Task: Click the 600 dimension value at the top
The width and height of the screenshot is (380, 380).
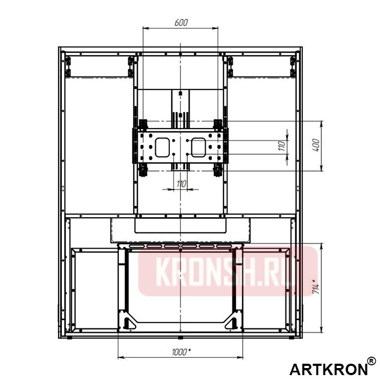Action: coord(181,23)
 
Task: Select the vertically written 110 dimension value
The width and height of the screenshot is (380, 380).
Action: coord(282,147)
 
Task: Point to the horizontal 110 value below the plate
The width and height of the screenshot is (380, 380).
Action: coord(181,185)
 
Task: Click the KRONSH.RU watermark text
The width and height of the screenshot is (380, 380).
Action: coord(228,271)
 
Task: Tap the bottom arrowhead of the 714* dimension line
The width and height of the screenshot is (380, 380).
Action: coord(322,332)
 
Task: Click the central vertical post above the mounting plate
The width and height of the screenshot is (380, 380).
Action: coord(180,103)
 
